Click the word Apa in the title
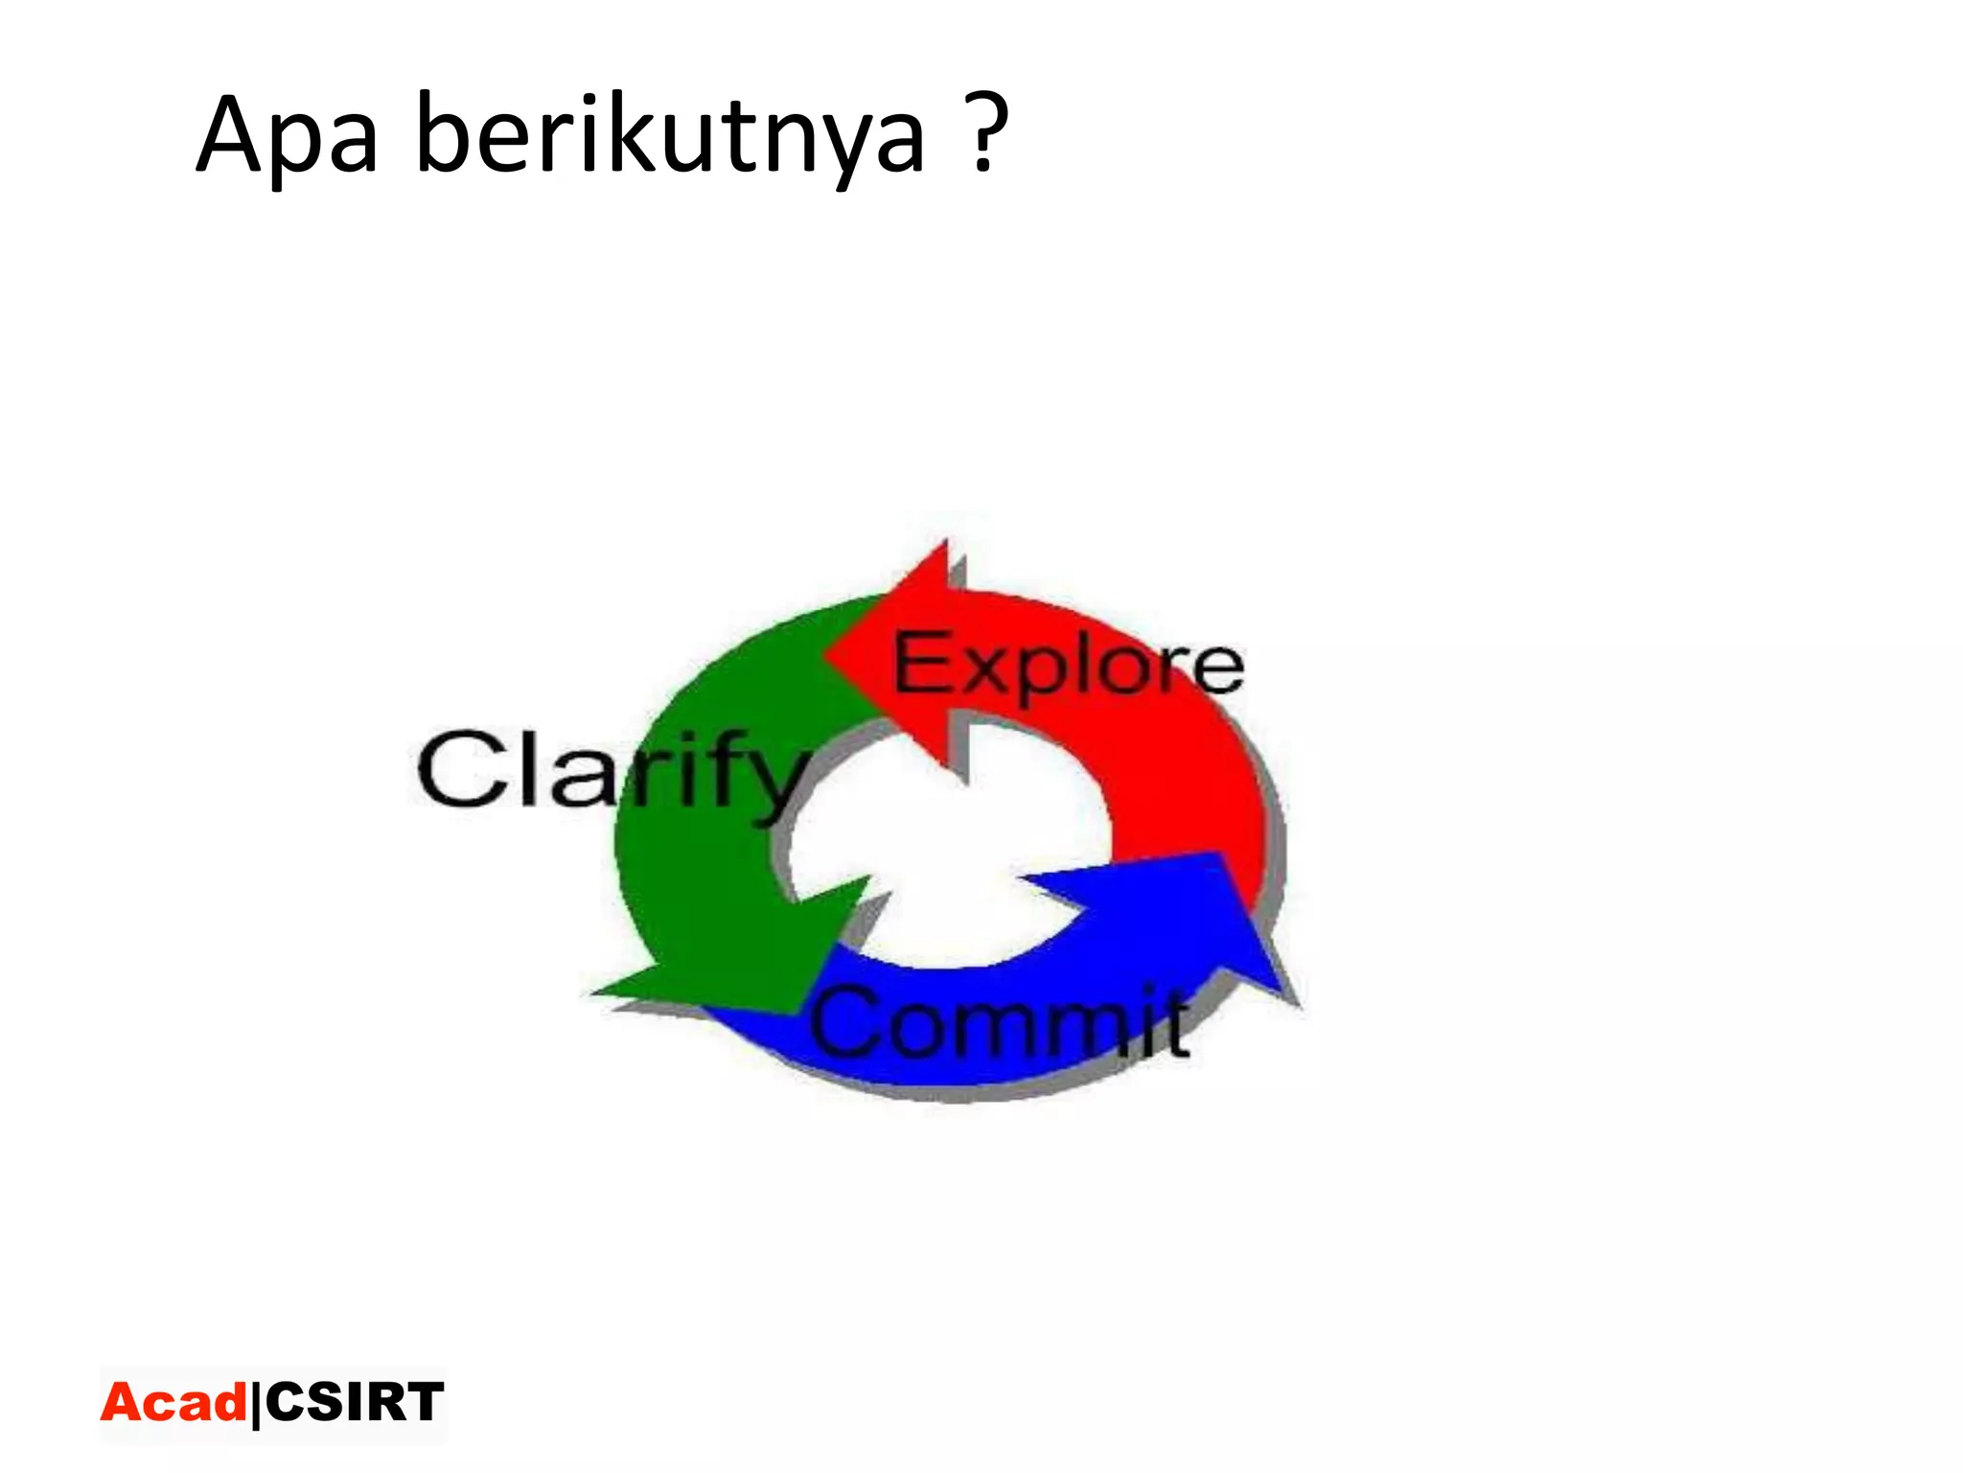(x=288, y=137)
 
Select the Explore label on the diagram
(x=1069, y=664)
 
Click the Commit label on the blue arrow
(x=1001, y=1022)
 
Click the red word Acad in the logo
(x=173, y=1403)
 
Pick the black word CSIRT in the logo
(x=355, y=1402)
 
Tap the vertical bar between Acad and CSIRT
(x=256, y=1405)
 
